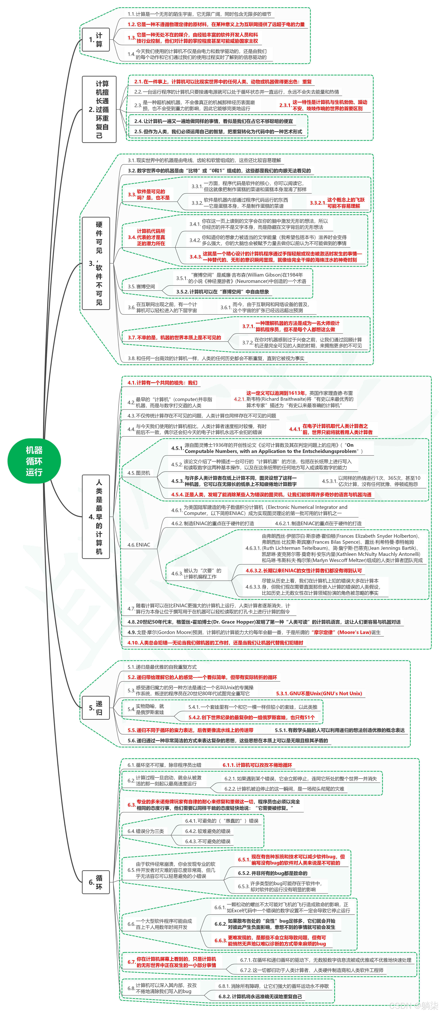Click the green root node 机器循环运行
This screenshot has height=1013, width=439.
click(x=34, y=461)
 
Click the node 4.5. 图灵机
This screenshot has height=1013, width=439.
click(x=139, y=473)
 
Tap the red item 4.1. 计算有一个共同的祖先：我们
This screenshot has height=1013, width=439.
click(x=162, y=383)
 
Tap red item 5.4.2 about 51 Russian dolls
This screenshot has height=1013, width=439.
click(x=252, y=717)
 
